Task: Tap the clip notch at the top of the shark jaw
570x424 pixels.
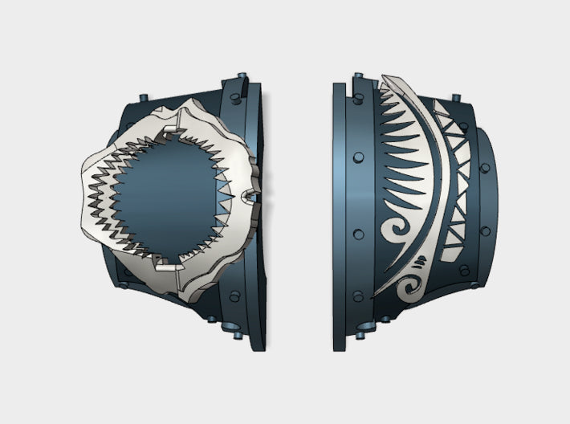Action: [171, 129]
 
